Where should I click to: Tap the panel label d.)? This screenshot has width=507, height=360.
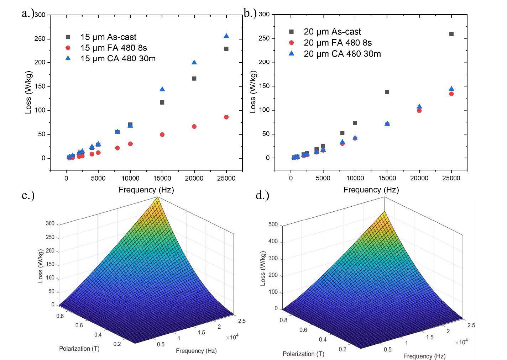[x=262, y=195]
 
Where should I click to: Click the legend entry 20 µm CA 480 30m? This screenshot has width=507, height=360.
[x=342, y=54]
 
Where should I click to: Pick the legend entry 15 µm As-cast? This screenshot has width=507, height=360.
[x=108, y=37]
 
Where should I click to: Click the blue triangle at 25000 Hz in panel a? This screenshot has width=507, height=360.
[x=226, y=36]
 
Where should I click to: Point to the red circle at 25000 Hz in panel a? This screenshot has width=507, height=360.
[x=226, y=117]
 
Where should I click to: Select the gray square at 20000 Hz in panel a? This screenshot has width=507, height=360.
[x=194, y=79]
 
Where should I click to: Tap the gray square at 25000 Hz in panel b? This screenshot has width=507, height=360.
[x=451, y=34]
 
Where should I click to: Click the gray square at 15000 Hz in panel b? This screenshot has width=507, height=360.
[x=387, y=92]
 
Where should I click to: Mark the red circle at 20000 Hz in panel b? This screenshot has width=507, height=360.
[x=419, y=111]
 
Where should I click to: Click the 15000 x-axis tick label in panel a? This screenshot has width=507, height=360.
[x=162, y=178]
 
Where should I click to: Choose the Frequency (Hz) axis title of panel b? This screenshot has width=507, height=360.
[x=371, y=190]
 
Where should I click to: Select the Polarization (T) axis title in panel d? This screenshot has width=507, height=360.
[x=303, y=354]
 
